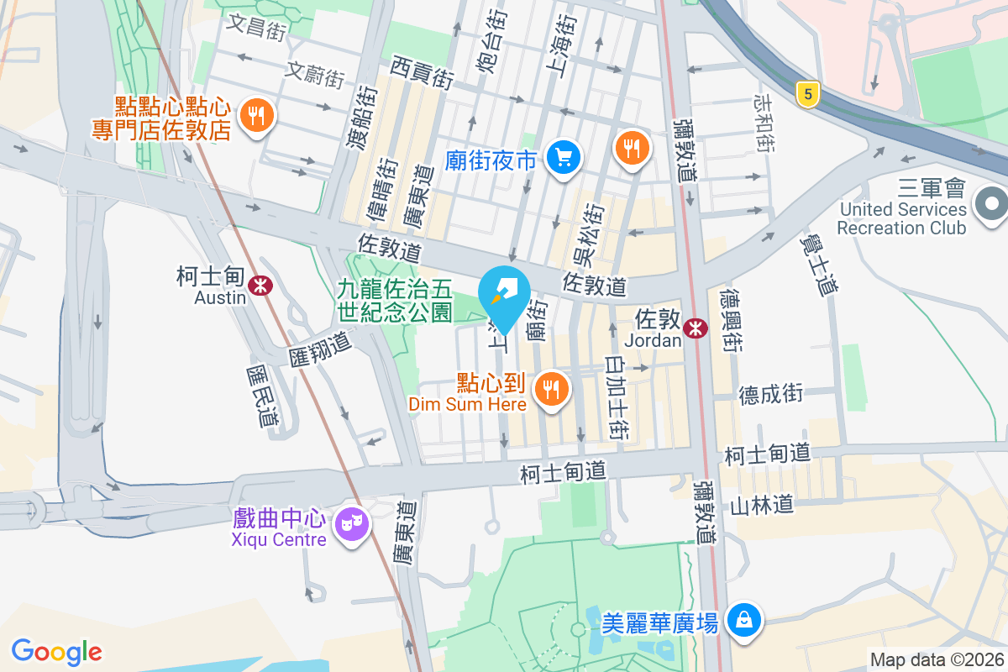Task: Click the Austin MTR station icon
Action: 261,286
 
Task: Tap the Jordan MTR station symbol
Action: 696,328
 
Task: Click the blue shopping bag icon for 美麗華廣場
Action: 744,620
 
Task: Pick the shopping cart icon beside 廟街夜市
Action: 563,156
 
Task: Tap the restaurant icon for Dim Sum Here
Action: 551,389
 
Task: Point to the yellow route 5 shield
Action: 807,94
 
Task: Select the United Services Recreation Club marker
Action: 991,204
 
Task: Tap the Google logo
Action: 57,651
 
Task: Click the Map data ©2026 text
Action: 937,659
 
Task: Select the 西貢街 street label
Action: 423,73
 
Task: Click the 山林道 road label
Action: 761,505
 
